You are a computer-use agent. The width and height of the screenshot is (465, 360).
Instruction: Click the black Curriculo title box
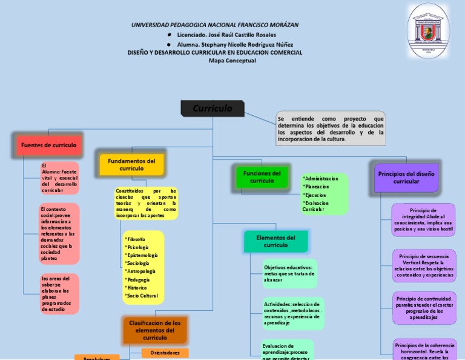point(213,108)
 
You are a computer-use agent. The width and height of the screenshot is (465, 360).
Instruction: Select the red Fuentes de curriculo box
point(48,145)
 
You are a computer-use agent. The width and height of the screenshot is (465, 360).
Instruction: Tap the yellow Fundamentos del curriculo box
point(131,164)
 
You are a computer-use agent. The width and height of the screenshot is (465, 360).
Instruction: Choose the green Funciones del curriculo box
point(262,177)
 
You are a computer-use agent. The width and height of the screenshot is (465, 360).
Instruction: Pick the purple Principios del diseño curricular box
point(406,178)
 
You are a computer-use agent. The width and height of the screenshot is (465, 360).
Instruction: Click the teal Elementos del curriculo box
point(275,241)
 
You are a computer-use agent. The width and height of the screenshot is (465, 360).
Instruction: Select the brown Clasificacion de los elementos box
point(154,330)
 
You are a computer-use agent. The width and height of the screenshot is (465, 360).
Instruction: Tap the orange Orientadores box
point(165,353)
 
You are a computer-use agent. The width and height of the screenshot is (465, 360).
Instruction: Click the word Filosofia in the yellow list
point(137,240)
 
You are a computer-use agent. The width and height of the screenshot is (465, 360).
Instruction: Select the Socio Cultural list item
point(142,295)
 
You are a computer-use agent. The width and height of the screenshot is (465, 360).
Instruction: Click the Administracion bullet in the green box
point(322,179)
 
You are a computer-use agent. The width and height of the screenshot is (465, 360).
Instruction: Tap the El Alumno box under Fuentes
point(59,178)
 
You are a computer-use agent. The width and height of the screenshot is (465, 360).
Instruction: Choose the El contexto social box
point(59,234)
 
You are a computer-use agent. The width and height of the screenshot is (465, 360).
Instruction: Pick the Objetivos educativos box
point(289,273)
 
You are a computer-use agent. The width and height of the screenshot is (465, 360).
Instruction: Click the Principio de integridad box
point(423,219)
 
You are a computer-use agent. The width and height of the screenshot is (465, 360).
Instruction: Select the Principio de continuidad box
point(423,308)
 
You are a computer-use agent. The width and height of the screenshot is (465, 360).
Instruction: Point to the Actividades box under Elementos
point(293,313)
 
